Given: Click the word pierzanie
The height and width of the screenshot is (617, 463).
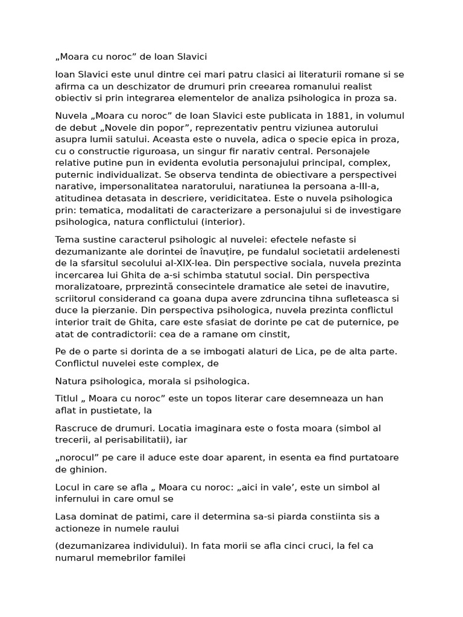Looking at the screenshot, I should pyautogui.click(x=111, y=310).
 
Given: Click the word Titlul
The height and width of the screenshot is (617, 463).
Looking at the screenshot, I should pyautogui.click(x=68, y=398).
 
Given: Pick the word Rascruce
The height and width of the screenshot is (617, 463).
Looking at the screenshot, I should pyautogui.click(x=75, y=428).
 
